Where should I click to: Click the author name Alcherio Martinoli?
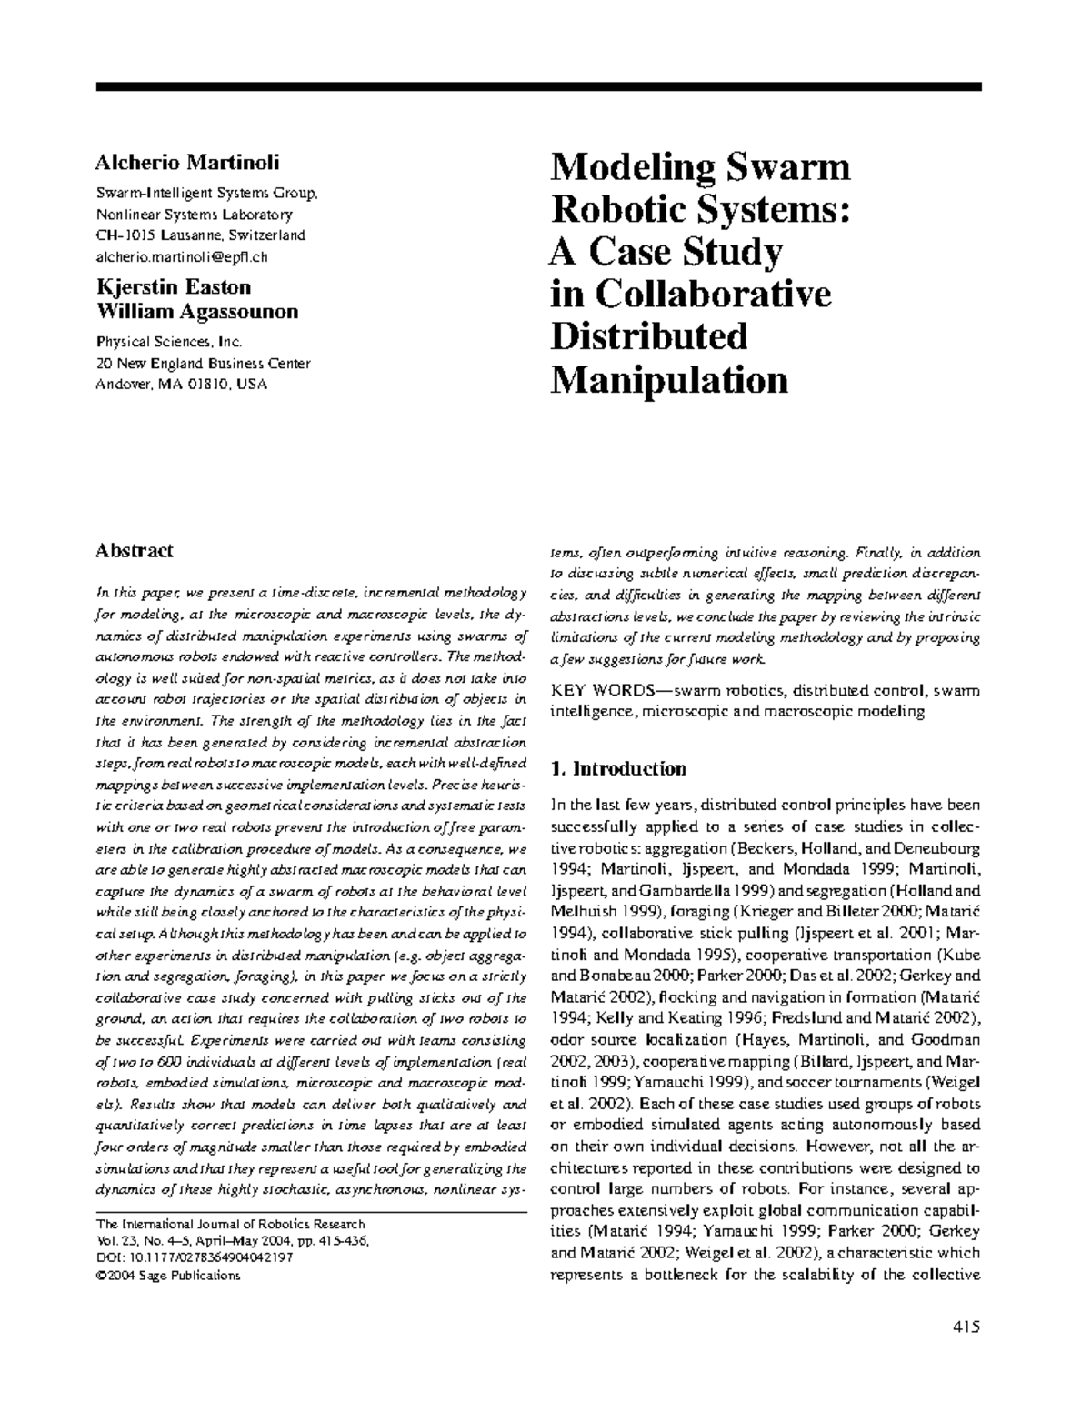pyautogui.click(x=187, y=163)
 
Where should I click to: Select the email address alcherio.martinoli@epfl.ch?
pyautogui.click(x=182, y=256)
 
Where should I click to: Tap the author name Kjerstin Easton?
pyautogui.click(x=173, y=287)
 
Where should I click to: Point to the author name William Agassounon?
pyautogui.click(x=196, y=312)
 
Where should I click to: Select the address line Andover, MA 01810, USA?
pyautogui.click(x=182, y=385)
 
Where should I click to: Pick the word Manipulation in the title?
pyautogui.click(x=669, y=379)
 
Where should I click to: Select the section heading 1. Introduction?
pyautogui.click(x=618, y=769)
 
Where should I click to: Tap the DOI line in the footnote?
pyautogui.click(x=194, y=1258)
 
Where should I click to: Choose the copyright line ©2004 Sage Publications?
pyautogui.click(x=167, y=1276)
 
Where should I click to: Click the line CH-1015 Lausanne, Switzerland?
pyautogui.click(x=201, y=235)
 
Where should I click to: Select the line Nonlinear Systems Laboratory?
pyautogui.click(x=195, y=215)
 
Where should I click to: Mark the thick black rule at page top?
pyautogui.click(x=538, y=86)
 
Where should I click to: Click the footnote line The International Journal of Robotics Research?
pyautogui.click(x=230, y=1224)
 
